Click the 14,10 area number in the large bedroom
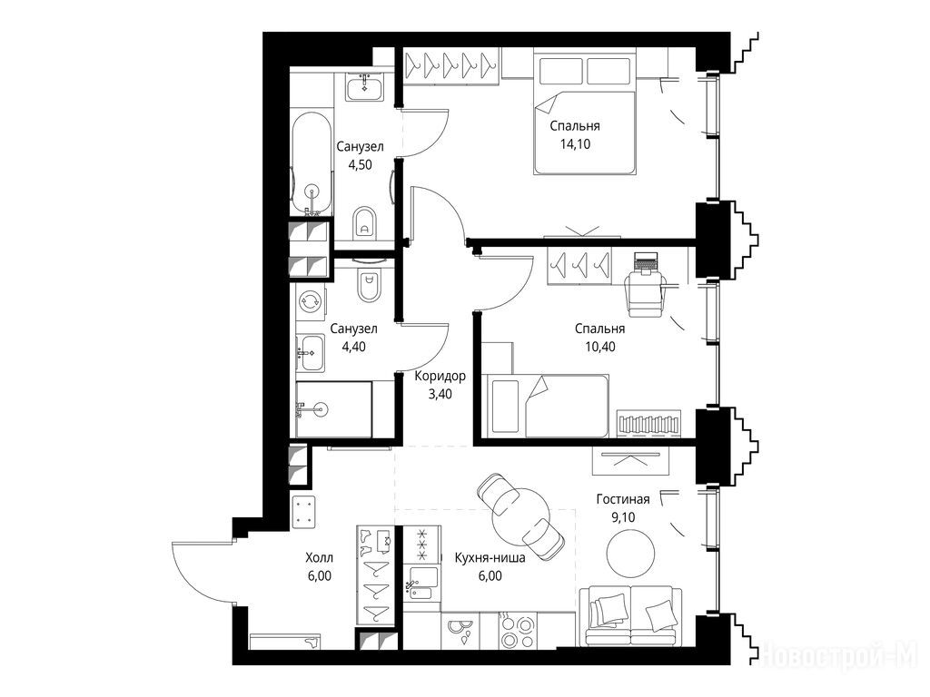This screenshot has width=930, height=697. (575, 144)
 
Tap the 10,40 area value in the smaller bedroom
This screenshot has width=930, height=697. (599, 347)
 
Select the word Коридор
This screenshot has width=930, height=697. (440, 377)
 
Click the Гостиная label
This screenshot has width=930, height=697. (623, 499)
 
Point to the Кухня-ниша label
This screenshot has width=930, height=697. (490, 558)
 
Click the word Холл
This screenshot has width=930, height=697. (319, 558)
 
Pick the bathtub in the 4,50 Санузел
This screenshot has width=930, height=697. (311, 163)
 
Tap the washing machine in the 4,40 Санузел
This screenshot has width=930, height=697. (311, 300)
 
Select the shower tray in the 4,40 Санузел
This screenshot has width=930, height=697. (334, 409)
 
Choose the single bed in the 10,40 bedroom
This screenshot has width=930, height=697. (546, 406)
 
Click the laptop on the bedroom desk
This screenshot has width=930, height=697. (646, 261)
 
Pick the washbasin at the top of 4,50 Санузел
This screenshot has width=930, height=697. (365, 86)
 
